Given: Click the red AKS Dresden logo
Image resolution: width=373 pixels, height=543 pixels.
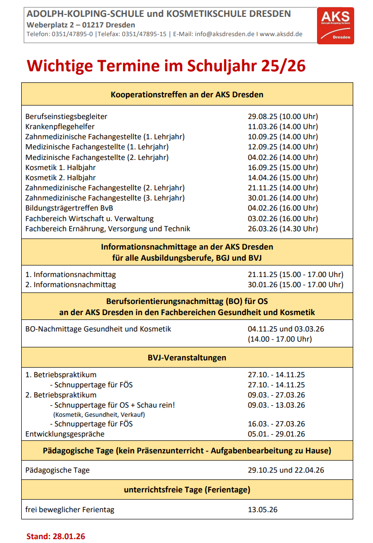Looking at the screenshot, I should [x=335, y=26].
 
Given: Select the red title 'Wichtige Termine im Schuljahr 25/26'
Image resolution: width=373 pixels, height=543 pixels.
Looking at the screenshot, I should [x=166, y=66].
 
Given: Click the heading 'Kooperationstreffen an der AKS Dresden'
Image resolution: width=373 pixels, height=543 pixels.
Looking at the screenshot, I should [x=187, y=94].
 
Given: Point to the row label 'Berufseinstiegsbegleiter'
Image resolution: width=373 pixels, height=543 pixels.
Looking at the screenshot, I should [x=66, y=116].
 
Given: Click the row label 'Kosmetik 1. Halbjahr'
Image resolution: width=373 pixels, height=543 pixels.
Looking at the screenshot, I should [x=60, y=167].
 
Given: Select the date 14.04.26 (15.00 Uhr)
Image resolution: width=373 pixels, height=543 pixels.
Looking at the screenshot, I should [x=283, y=177].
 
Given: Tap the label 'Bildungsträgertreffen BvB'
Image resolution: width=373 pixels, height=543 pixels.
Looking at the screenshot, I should [x=69, y=208].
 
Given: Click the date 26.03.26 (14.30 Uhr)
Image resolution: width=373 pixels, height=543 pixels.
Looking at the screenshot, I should [x=283, y=228].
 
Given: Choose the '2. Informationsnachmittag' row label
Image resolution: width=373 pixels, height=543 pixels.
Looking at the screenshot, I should [x=70, y=284].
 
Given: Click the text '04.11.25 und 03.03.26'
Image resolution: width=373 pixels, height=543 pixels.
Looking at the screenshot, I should [x=286, y=329].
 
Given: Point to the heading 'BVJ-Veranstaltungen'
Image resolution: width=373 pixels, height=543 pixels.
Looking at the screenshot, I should [x=187, y=358].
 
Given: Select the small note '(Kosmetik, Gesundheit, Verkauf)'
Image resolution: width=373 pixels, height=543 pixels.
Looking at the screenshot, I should [x=99, y=414].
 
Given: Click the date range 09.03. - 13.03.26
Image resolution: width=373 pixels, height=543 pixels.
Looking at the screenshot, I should [x=276, y=405].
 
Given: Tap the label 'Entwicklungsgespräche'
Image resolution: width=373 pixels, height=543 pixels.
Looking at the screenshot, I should [x=65, y=434].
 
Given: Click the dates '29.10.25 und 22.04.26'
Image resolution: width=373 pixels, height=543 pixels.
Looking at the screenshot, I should [x=286, y=470].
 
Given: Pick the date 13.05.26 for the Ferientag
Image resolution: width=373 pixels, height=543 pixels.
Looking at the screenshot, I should [x=262, y=509].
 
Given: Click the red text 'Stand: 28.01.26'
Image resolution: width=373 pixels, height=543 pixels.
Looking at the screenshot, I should [x=55, y=536].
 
